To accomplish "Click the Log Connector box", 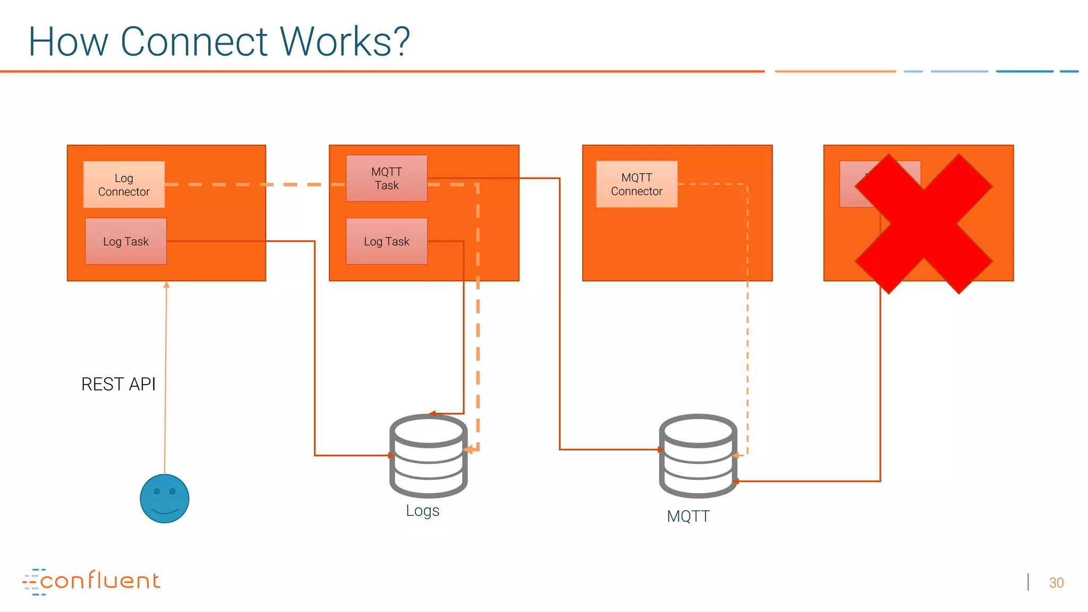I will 124,184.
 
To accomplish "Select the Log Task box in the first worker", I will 126,241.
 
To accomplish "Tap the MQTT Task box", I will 386,178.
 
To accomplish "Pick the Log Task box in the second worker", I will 386,241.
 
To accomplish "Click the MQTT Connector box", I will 636,184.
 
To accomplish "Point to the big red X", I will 923,224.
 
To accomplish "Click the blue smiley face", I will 165,498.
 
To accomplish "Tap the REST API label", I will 118,384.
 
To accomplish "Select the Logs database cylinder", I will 428,456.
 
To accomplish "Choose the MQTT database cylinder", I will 698,456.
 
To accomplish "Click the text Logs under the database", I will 422,511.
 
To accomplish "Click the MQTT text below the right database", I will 688,516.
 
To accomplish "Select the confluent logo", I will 91,581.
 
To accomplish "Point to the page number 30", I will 1056,583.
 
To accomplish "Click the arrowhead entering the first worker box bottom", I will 166,285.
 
